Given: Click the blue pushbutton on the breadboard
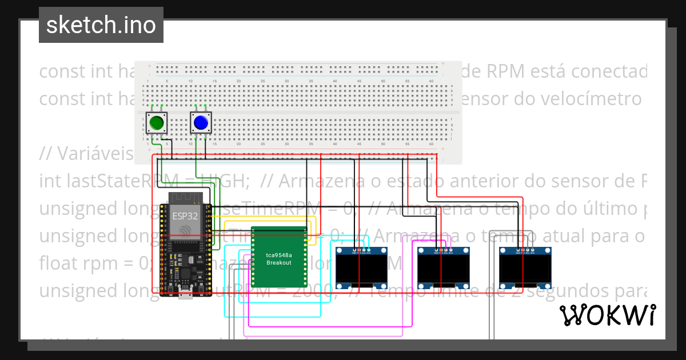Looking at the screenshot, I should (201, 123).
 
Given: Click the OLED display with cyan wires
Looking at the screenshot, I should (361, 267).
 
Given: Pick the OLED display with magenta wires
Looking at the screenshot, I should (444, 267).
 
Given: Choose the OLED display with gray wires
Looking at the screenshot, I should (525, 267).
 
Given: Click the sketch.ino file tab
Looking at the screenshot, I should (101, 25).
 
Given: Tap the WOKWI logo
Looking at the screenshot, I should (607, 315).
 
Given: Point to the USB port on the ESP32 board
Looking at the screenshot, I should (186, 294).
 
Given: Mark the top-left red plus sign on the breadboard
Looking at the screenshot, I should (150, 66).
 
